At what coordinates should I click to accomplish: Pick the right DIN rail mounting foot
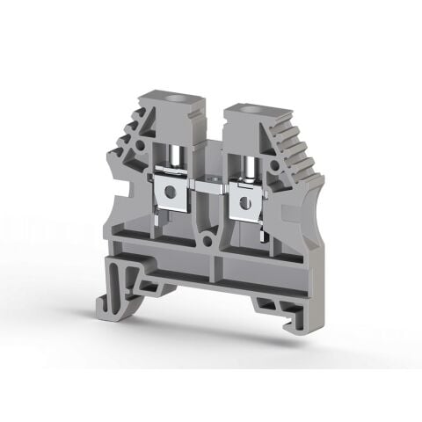coord(273,303)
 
